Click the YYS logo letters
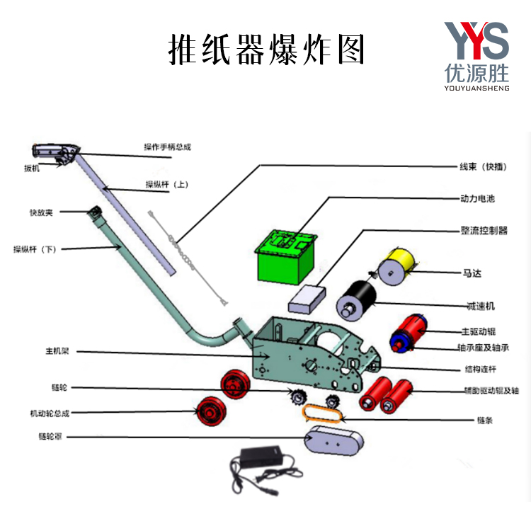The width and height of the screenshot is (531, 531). click(476, 40)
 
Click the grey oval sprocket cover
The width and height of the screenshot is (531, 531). click(332, 440)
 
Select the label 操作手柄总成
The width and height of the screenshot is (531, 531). click(167, 147)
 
